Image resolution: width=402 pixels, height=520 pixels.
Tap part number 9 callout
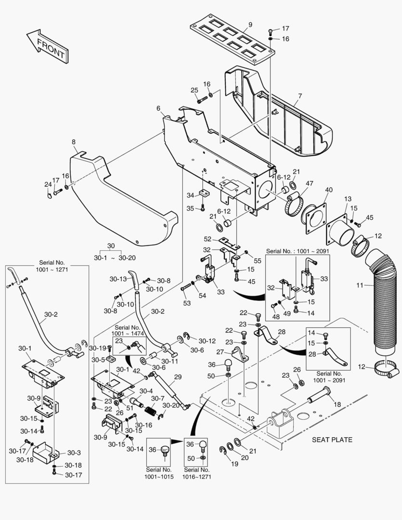pyautogui.click(x=250, y=24)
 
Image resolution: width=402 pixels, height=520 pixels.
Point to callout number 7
pyautogui.click(x=299, y=96)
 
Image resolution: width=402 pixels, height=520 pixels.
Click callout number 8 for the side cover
pyautogui.click(x=74, y=142)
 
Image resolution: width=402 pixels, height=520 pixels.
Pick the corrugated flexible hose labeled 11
pyautogui.click(x=381, y=308)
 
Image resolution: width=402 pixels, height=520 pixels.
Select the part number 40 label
pyautogui.click(x=328, y=190)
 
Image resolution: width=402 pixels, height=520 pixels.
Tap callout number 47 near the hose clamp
pyautogui.click(x=309, y=183)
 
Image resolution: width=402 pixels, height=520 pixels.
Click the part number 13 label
pyautogui.click(x=348, y=199)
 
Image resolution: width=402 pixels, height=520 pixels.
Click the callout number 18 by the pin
pyautogui.click(x=337, y=404)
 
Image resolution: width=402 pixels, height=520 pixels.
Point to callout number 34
pyautogui.click(x=191, y=195)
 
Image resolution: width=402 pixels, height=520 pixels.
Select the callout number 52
pyautogui.click(x=207, y=239)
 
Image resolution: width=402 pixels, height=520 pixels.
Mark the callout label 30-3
pyautogui.click(x=74, y=453)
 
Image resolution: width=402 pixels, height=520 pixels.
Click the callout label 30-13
pyautogui.click(x=118, y=279)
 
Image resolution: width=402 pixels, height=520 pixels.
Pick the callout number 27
pyautogui.click(x=220, y=351)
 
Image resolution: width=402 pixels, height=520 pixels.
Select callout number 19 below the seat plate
pyautogui.click(x=234, y=464)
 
